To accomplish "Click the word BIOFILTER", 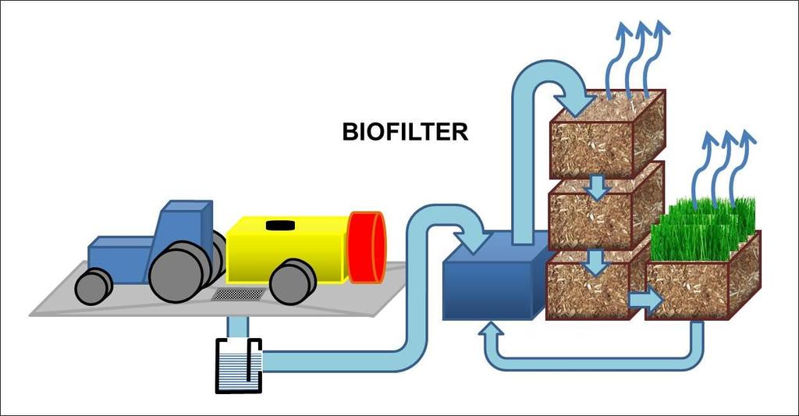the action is click(x=405, y=132).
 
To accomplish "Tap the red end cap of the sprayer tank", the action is click(x=366, y=247).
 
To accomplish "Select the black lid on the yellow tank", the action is click(x=280, y=225).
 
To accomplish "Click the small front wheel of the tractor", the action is click(x=94, y=286).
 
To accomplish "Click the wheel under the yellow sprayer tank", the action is click(x=293, y=282).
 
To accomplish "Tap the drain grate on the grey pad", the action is click(x=239, y=293).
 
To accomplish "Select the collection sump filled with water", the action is click(x=239, y=366).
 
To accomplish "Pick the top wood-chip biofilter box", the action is click(x=606, y=133).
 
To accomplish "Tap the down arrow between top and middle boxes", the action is click(x=597, y=187).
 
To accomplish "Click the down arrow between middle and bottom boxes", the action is click(x=597, y=262).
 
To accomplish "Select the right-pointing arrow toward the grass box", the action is click(x=645, y=300).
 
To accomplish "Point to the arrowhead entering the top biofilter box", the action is click(x=577, y=104).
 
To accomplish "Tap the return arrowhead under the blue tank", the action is click(x=491, y=329).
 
